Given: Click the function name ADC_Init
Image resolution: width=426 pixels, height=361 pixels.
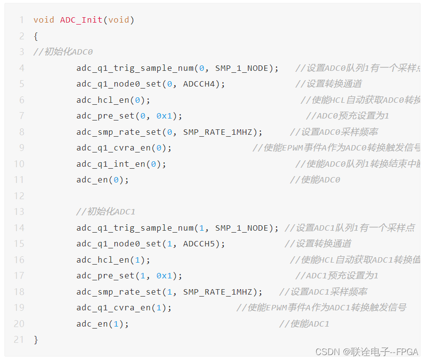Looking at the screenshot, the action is pos(81,20).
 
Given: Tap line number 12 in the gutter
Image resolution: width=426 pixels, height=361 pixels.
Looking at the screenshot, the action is pos(19,196).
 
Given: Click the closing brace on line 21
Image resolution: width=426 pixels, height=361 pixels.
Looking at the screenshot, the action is pos(35,340).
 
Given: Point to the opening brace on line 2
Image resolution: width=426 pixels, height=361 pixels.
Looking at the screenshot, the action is pos(35,36).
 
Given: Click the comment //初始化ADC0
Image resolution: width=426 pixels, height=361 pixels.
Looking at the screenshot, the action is pos(63,52).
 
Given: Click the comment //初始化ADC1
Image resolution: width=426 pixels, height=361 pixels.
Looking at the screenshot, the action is pos(105,212).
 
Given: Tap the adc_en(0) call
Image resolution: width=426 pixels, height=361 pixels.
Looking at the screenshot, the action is pos(102,180).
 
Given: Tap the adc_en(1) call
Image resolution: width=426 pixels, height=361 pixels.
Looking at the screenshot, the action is pos(102,324).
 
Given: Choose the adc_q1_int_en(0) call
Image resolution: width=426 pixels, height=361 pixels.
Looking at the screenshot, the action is pos(121,164).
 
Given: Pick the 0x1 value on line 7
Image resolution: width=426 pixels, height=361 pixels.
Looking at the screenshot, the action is pos(164,116).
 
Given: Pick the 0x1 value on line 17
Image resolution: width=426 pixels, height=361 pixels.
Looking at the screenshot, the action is pos(164,276).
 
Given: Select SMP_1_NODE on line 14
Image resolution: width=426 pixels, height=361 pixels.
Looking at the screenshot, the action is pos(241,228).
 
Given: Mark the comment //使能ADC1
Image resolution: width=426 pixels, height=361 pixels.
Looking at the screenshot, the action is pos(304,324).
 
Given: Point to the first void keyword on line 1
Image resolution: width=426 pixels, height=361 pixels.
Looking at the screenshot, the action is pos(44,20).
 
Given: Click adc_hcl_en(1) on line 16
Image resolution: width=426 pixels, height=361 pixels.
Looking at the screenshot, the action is pos(113,260).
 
